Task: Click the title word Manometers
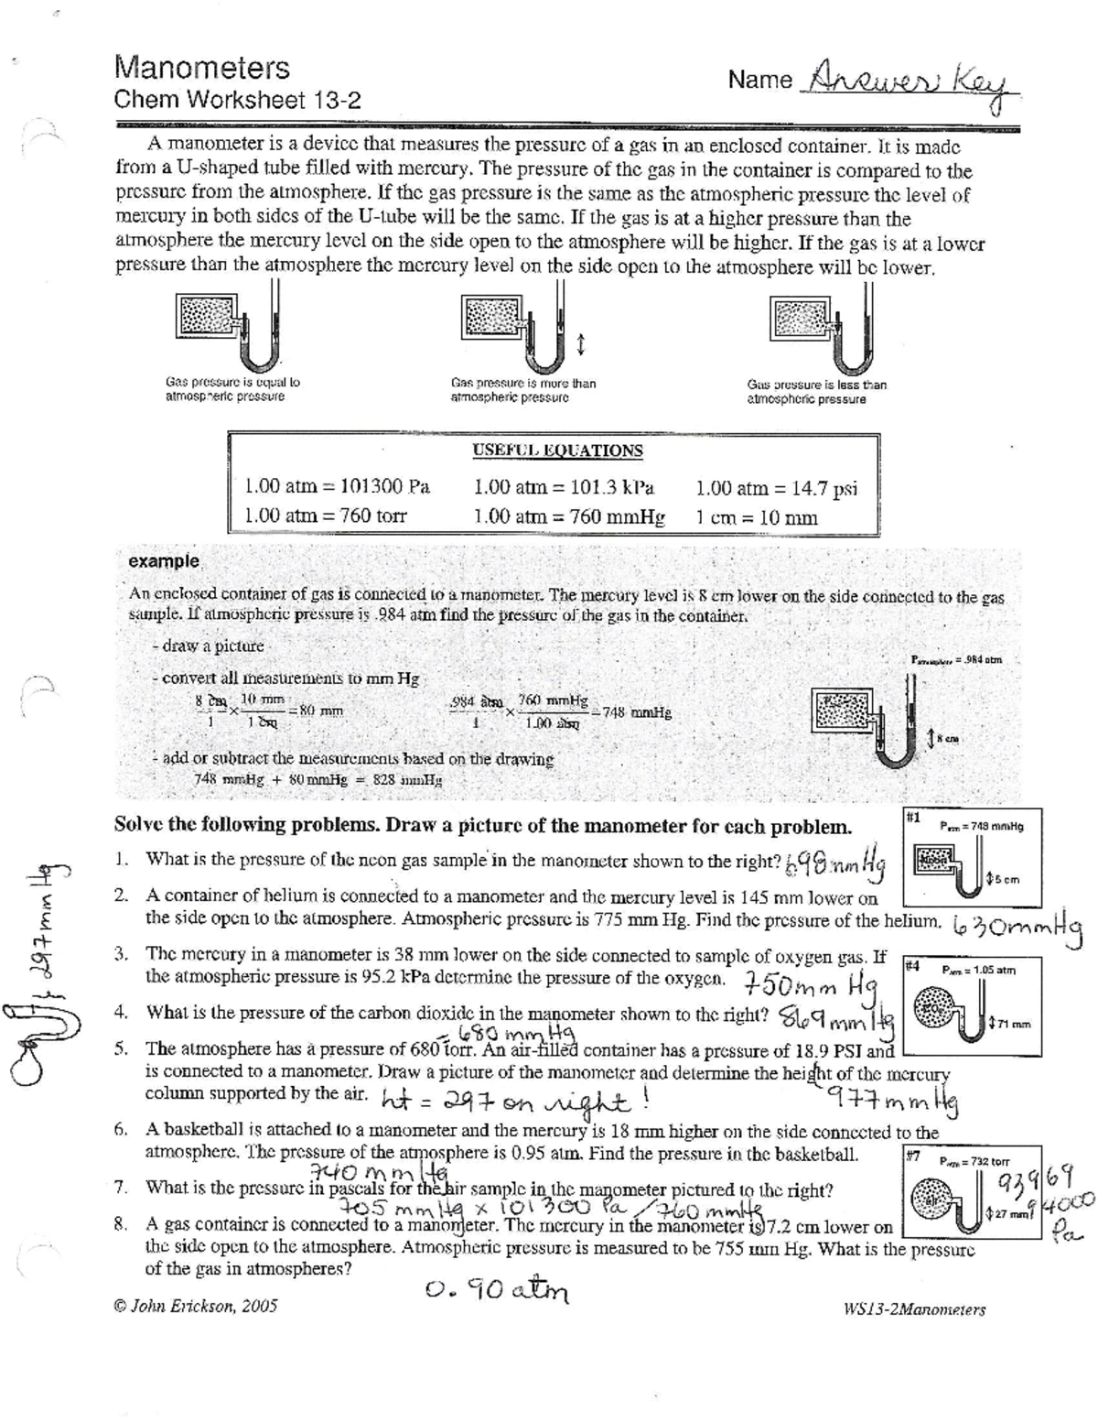pyautogui.click(x=201, y=68)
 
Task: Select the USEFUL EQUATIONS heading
pyautogui.click(x=557, y=450)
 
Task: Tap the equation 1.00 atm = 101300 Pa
pyautogui.click(x=337, y=487)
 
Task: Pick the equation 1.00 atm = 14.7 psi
pyautogui.click(x=776, y=488)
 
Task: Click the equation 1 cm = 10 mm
pyautogui.click(x=757, y=517)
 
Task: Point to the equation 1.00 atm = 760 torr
pyautogui.click(x=325, y=516)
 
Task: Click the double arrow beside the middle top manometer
pyautogui.click(x=581, y=344)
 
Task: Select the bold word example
pyautogui.click(x=164, y=560)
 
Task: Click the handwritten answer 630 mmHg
pyautogui.click(x=1017, y=926)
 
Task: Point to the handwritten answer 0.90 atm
pyautogui.click(x=497, y=1290)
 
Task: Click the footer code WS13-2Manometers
pyautogui.click(x=913, y=1309)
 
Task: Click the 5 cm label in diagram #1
pyautogui.click(x=1004, y=880)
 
